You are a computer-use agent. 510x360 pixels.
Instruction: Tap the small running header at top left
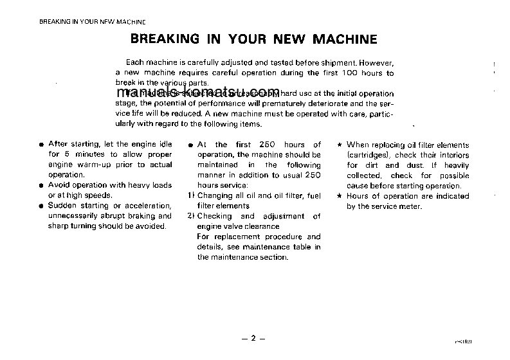click(x=84, y=21)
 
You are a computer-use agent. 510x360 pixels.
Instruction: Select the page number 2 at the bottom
click(x=253, y=338)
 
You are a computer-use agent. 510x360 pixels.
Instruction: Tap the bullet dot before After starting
click(x=41, y=145)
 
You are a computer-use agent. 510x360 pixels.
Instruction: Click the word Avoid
click(x=59, y=185)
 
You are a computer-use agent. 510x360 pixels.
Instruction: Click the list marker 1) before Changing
click(x=191, y=196)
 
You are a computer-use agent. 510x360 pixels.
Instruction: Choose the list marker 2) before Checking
click(x=191, y=217)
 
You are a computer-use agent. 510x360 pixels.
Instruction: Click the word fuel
click(x=314, y=195)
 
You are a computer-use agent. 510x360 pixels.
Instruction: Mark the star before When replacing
click(x=340, y=145)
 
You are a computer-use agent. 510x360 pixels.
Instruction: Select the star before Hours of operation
click(x=340, y=196)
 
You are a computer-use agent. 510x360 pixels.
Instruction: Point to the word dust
click(x=414, y=165)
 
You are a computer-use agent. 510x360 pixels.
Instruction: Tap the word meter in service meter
click(x=410, y=206)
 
